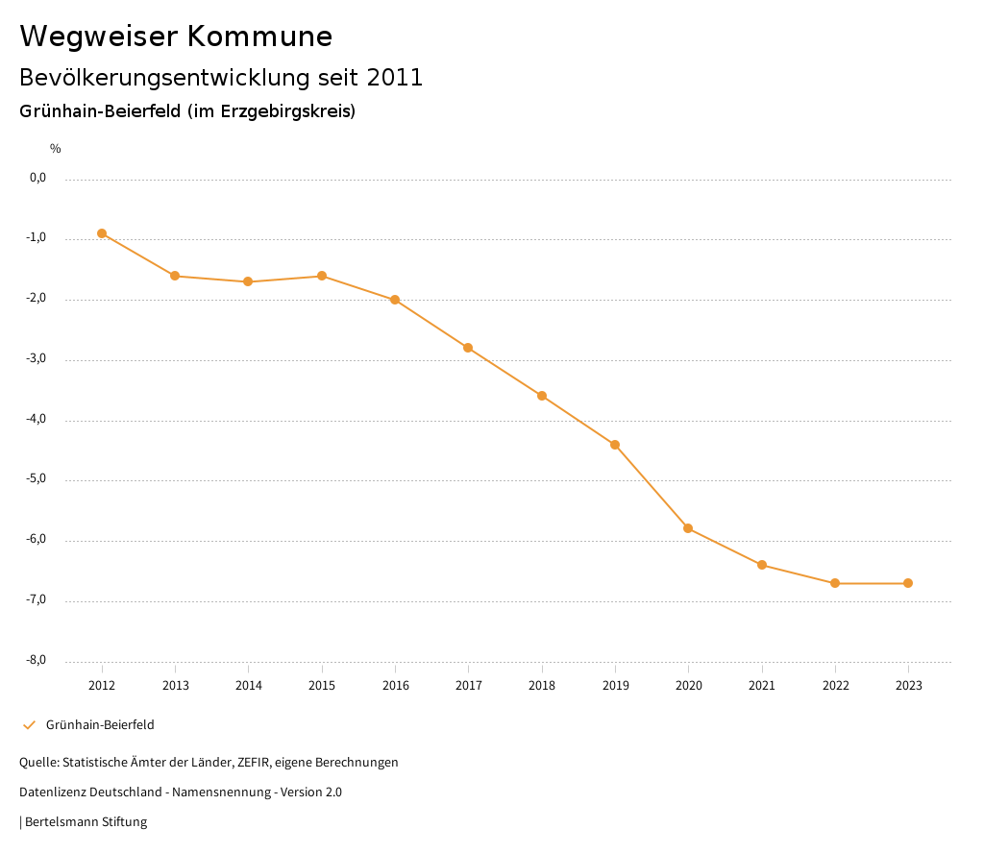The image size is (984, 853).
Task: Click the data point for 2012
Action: click(x=102, y=233)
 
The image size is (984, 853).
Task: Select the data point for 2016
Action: click(x=395, y=300)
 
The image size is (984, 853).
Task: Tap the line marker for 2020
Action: click(x=688, y=528)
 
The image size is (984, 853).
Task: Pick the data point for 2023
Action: click(x=908, y=583)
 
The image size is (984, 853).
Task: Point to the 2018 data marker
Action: click(x=542, y=396)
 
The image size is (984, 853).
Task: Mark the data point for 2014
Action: click(x=248, y=281)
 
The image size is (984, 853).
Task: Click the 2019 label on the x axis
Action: click(x=615, y=686)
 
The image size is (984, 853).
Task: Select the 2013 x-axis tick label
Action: click(x=175, y=686)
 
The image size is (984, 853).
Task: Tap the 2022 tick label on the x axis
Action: click(x=835, y=686)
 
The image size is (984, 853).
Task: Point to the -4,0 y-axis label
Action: click(x=37, y=420)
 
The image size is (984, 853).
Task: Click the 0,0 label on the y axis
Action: click(x=38, y=178)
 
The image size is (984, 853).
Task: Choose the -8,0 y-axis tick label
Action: click(x=37, y=661)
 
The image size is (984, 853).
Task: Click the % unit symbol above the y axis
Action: click(x=56, y=149)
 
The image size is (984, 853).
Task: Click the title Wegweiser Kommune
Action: click(x=176, y=37)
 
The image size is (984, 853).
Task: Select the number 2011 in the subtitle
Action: click(x=395, y=78)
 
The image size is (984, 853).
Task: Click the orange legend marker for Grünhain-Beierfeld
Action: click(x=29, y=725)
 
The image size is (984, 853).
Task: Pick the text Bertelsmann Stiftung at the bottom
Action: click(x=86, y=822)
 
